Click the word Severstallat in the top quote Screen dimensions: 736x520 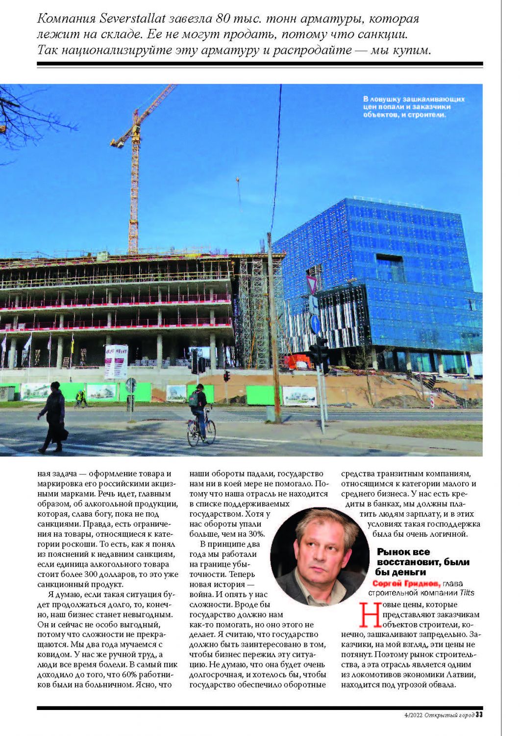pyautogui.click(x=131, y=19)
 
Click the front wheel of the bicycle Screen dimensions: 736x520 pyautogui.click(x=210, y=432)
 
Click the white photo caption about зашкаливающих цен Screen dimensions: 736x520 pyautogui.click(x=413, y=107)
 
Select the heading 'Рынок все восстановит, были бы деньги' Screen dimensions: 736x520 pyautogui.click(x=422, y=562)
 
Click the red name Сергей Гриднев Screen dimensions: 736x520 pyautogui.click(x=406, y=583)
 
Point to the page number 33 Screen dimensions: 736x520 pyautogui.click(x=479, y=714)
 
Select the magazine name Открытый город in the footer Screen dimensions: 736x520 pyautogui.click(x=449, y=715)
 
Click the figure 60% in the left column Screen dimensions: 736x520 pyautogui.click(x=131, y=675)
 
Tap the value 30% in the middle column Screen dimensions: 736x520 pyautogui.click(x=256, y=534)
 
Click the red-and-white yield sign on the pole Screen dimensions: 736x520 pyautogui.click(x=312, y=284)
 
